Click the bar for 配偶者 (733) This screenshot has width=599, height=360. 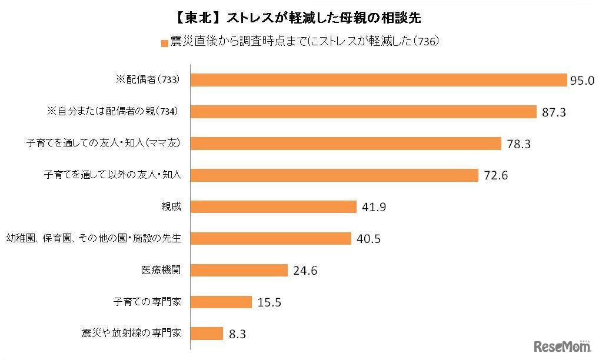click(379, 80)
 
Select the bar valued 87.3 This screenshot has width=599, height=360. click(364, 112)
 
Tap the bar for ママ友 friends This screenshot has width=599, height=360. click(347, 144)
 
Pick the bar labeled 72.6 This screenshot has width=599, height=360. click(335, 175)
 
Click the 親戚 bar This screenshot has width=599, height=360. click(274, 206)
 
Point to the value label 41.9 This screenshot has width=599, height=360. click(374, 207)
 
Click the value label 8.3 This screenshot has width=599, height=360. click(237, 334)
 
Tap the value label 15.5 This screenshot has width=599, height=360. click(269, 302)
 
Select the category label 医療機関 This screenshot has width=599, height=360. click(161, 270)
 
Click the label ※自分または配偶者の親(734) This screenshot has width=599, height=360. click(112, 111)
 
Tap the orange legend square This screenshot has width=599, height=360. click(164, 42)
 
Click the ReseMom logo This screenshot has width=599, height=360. click(562, 346)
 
